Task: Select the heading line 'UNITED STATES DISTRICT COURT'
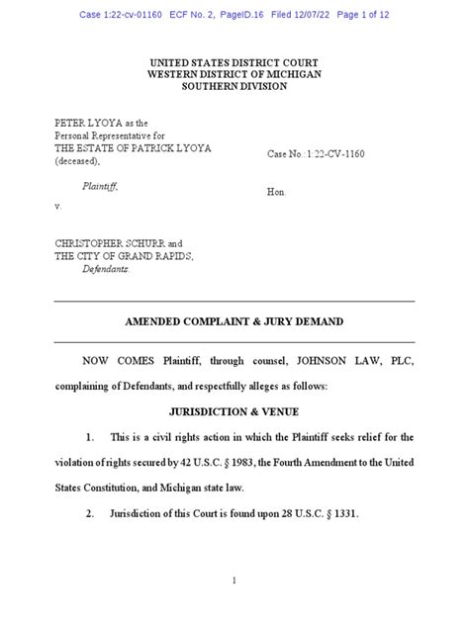(x=234, y=62)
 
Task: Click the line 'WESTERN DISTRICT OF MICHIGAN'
(x=234, y=74)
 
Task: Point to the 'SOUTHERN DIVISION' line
(x=234, y=87)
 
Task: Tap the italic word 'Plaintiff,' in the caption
(x=101, y=184)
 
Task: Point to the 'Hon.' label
(x=277, y=193)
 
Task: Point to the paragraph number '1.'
(x=90, y=435)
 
